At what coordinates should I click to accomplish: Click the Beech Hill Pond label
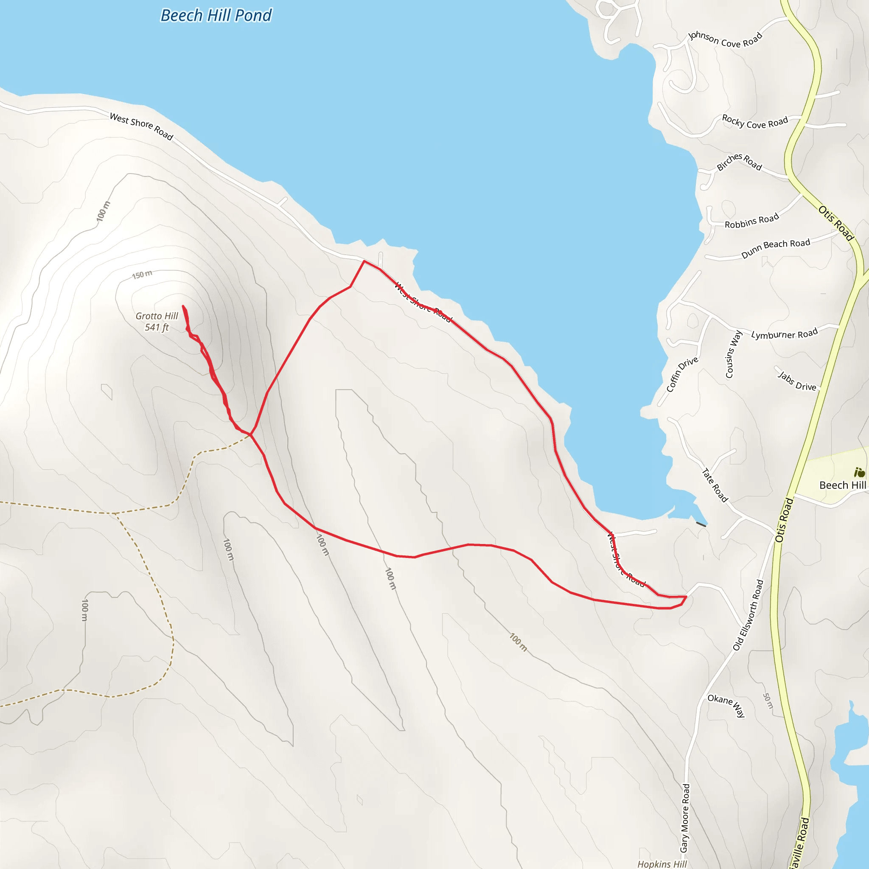click(216, 16)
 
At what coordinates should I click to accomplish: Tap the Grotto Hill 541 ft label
click(157, 322)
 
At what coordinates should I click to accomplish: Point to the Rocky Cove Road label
click(755, 122)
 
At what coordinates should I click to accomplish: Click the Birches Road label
click(739, 162)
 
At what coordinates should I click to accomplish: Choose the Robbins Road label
click(751, 221)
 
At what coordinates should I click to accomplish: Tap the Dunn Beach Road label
click(776, 248)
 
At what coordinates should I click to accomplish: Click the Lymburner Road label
click(785, 334)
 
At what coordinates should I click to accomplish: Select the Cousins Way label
click(733, 354)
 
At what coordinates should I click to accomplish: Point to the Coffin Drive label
click(682, 374)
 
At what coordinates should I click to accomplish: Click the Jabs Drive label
click(797, 381)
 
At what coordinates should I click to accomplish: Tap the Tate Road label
click(715, 485)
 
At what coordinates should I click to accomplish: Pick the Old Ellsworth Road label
click(748, 615)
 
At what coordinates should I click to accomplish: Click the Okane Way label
click(727, 704)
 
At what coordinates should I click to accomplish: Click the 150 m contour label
click(142, 275)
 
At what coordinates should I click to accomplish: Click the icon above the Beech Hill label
click(859, 472)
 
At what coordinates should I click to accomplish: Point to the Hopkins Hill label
click(662, 863)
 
